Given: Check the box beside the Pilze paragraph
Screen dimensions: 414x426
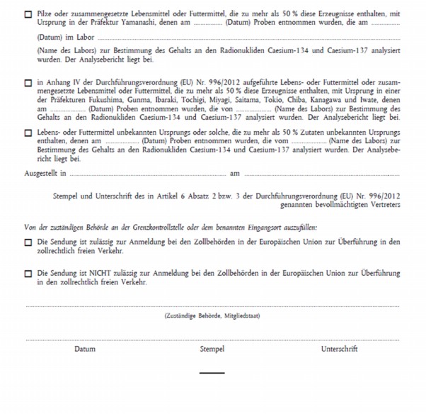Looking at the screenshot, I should pyautogui.click(x=28, y=13).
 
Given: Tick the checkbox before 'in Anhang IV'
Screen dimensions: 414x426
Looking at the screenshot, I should pyautogui.click(x=28, y=83).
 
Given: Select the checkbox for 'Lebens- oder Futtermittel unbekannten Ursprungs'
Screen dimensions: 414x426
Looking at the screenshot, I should pyautogui.click(x=28, y=133).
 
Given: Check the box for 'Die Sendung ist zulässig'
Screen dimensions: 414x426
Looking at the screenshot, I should pyautogui.click(x=28, y=242).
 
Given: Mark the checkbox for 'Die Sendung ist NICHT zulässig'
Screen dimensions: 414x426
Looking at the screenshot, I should pyautogui.click(x=28, y=273).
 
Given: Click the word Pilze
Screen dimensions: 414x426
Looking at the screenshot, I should pyautogui.click(x=46, y=13).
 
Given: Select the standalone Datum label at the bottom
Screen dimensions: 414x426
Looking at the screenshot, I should pyautogui.click(x=85, y=349).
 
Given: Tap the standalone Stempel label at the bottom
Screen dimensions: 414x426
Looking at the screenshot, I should pyautogui.click(x=212, y=349).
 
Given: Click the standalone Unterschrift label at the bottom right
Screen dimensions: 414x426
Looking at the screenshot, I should pyautogui.click(x=339, y=349).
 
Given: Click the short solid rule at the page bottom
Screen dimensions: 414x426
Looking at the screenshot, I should pyautogui.click(x=212, y=373).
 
